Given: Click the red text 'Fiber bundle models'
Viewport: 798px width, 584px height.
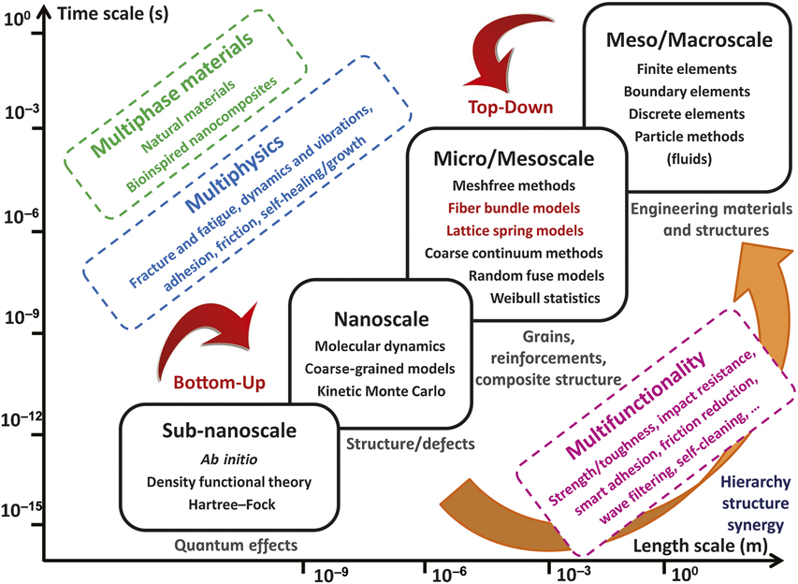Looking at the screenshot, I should click(513, 207).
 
